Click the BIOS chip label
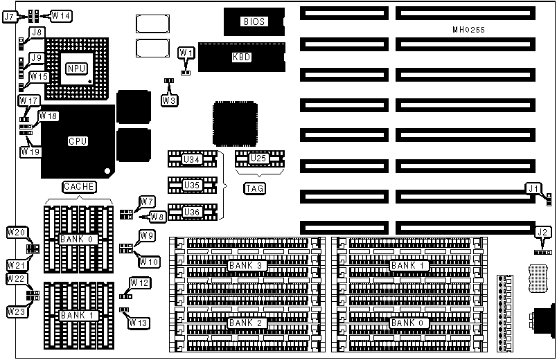(x=254, y=22)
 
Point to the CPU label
(x=78, y=141)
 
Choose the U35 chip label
(x=191, y=186)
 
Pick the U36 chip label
(x=191, y=211)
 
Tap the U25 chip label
(x=258, y=159)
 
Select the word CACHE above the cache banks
(x=78, y=187)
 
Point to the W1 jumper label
(x=186, y=53)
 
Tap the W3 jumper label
(x=169, y=100)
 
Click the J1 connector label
(x=531, y=187)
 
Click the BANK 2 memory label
(x=241, y=323)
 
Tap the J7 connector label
(x=10, y=16)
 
